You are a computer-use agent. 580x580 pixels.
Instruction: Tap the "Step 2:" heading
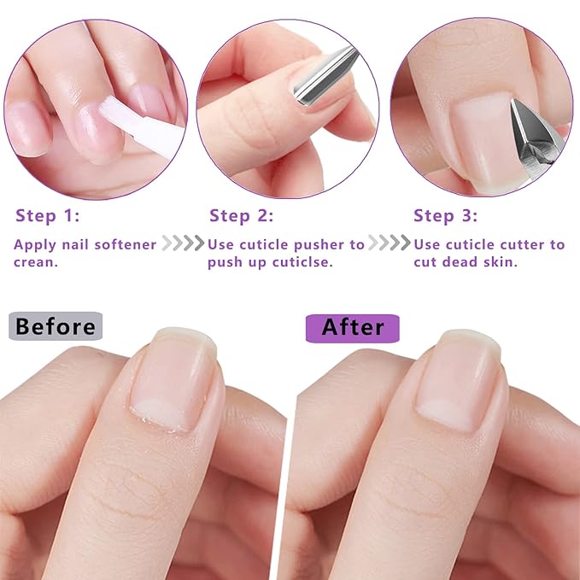coord(241,215)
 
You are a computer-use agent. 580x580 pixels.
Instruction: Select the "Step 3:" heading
coord(446,215)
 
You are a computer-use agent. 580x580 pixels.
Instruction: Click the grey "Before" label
coord(56,326)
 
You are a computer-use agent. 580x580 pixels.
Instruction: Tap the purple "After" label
coord(352,326)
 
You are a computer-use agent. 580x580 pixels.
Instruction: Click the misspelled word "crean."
coord(35,262)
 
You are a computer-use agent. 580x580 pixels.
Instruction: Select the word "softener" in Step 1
coord(125,245)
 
